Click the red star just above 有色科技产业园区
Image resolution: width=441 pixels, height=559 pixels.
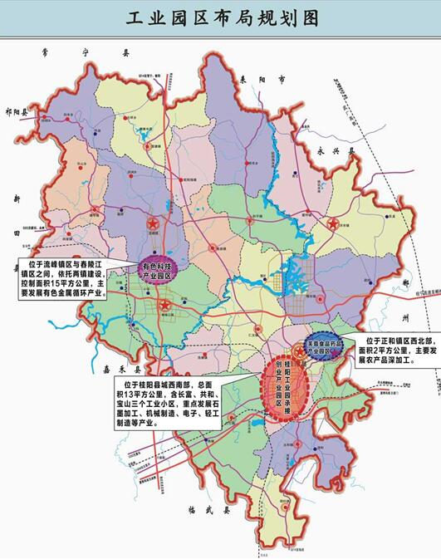tap(151, 223)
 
